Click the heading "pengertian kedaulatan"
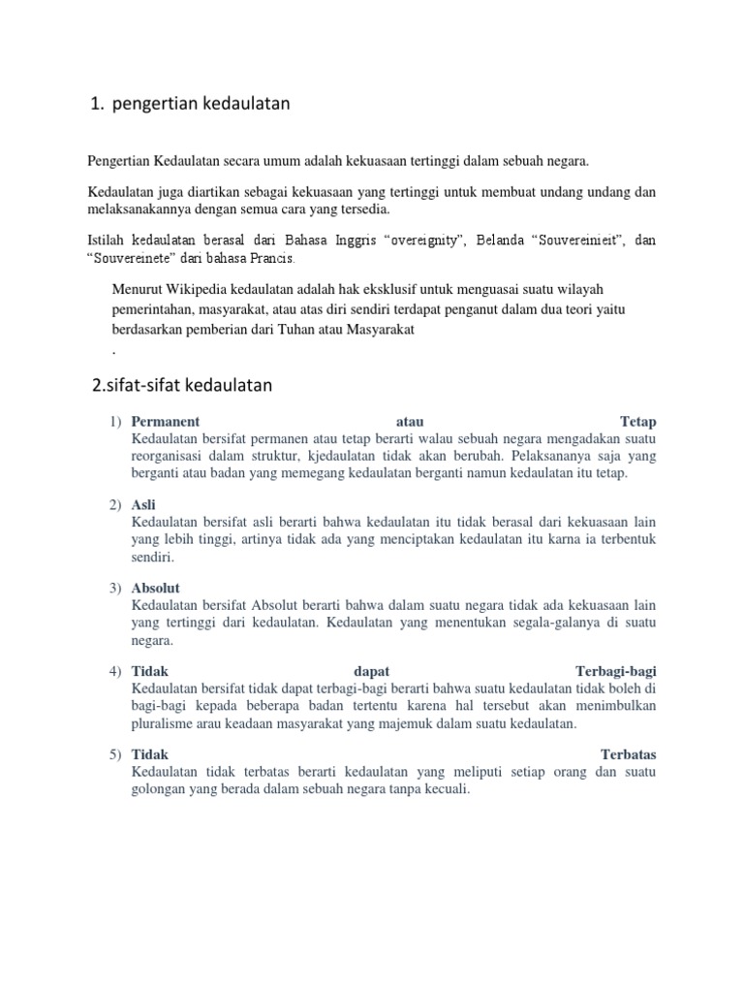(201, 104)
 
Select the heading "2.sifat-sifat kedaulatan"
(182, 386)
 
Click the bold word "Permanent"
(165, 422)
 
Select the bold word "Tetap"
(638, 422)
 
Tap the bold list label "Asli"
(142, 505)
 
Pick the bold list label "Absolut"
(155, 589)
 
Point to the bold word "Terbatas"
(629, 755)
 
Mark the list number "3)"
(115, 589)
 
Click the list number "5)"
(115, 755)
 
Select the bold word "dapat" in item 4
(371, 672)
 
